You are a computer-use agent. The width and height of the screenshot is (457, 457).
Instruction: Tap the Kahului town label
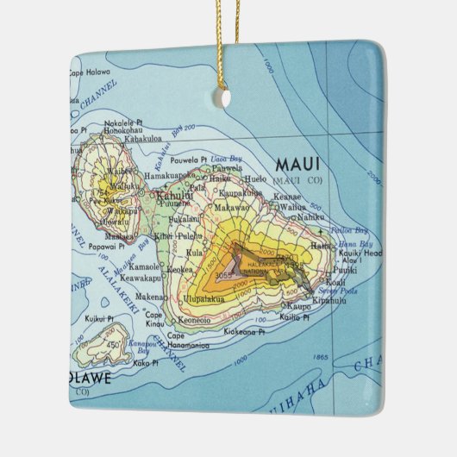point(175,195)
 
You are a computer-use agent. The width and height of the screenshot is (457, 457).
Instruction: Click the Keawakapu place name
point(138,279)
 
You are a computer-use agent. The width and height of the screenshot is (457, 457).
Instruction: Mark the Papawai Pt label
point(109,244)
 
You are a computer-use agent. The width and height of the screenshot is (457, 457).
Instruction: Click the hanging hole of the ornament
point(226,98)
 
